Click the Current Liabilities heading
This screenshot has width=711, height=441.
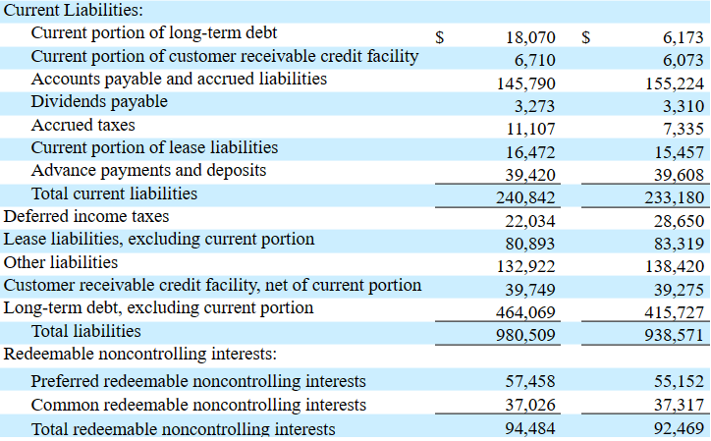click(74, 10)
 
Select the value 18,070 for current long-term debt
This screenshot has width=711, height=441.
click(530, 37)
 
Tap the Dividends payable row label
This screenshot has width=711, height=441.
click(99, 102)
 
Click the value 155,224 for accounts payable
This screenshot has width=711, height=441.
click(675, 83)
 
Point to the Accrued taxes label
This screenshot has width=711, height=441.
click(83, 125)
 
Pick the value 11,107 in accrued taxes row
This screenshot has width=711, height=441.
click(530, 129)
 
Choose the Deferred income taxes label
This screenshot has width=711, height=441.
click(86, 216)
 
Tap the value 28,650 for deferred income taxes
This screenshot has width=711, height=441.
click(679, 221)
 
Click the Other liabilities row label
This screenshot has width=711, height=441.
click(61, 262)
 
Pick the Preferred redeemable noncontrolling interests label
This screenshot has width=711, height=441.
click(198, 381)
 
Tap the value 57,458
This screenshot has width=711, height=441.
click(530, 381)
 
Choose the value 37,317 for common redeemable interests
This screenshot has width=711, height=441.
click(679, 405)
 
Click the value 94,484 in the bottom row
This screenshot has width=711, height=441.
click(530, 428)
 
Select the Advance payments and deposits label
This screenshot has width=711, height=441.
click(148, 171)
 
